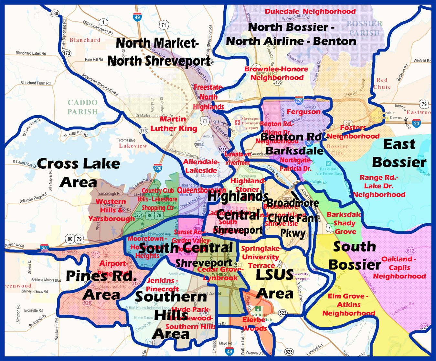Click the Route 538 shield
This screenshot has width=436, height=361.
pos(55,13)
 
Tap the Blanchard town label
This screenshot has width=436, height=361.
pos(85,40)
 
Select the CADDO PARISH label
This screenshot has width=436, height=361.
pos(82,107)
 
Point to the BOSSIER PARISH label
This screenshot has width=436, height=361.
pos(365,28)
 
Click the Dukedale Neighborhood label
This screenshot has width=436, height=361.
pos(310,11)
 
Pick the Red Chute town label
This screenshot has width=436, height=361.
pos(382,84)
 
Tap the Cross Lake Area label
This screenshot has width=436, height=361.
pos(79,173)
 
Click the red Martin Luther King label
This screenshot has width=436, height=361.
pos(174,124)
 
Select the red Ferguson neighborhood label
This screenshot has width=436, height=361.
pos(303,112)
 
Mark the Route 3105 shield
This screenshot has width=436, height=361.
pos(277,82)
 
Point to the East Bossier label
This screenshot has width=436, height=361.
pos(399,153)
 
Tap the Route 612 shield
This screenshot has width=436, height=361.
pos(410,251)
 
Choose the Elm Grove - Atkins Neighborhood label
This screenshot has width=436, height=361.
pos(349,305)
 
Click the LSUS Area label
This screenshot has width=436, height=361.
pos(274,284)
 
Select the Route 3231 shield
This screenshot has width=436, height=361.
pos(138,215)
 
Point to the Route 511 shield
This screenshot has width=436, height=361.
pos(95,254)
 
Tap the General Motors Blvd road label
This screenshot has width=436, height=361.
pos(47,280)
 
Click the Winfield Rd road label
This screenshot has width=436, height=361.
pos(422,61)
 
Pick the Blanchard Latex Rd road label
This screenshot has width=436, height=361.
pos(31,53)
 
